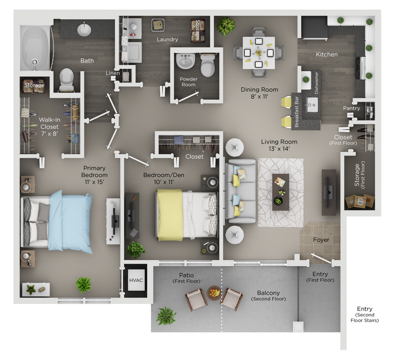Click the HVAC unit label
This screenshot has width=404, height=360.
coord(135,280)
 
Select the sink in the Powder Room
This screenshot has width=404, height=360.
coord(186,62)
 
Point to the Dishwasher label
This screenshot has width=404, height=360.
coord(316,86)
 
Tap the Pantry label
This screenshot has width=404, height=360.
coord(352,108)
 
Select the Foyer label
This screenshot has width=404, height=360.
coord(321,240)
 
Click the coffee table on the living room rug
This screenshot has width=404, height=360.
coord(280,192)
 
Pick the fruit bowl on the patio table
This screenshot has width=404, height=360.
coord(214,293)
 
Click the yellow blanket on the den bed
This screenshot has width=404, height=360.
coord(170,215)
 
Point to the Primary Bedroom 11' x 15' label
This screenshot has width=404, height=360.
coord(94,171)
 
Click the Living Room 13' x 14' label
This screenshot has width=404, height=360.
coord(279,145)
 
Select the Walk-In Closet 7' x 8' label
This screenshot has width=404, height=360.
coord(49,127)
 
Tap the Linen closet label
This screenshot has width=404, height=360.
coord(113,73)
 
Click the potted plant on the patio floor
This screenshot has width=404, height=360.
coord(166,316)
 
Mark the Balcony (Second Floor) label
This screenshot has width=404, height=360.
coord(268,296)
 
